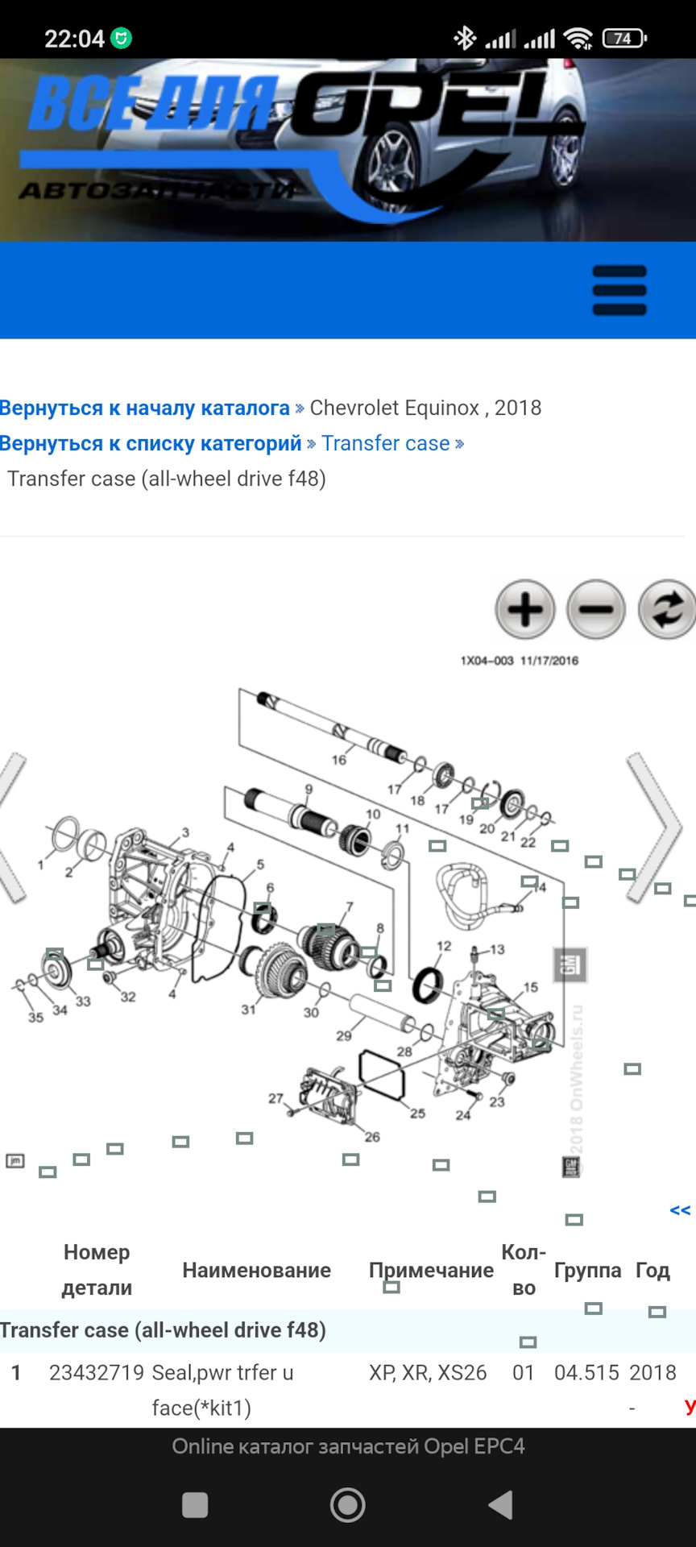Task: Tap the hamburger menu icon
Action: click(619, 290)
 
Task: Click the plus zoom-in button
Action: click(525, 609)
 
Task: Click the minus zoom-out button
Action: click(596, 609)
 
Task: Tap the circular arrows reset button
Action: click(666, 609)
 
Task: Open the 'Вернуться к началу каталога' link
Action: click(145, 408)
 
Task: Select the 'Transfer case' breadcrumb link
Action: click(386, 443)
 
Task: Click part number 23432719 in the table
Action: click(97, 1372)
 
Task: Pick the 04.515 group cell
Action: click(586, 1372)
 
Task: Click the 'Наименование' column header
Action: click(256, 1270)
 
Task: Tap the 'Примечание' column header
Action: click(431, 1270)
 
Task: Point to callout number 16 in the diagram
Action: click(339, 760)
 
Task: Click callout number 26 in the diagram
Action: click(372, 1137)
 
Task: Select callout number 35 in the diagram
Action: click(35, 1018)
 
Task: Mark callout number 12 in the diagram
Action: click(444, 946)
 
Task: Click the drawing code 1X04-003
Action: click(487, 661)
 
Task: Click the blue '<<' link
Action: click(680, 1210)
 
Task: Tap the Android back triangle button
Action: click(501, 1504)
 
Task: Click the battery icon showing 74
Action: click(625, 38)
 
